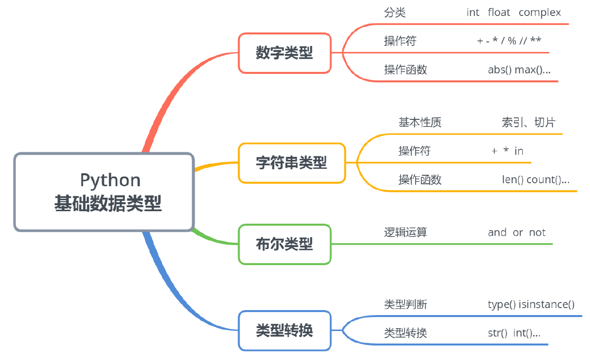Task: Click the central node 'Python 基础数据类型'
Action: coord(104,192)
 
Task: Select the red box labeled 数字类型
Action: coord(285,53)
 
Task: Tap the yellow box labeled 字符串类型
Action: coord(292,163)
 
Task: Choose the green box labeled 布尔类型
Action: coord(285,244)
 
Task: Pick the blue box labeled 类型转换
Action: coord(285,330)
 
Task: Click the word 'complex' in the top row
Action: coord(540,12)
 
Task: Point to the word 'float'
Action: coord(499,12)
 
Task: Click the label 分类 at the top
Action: coord(395,12)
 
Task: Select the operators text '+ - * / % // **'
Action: coord(509,41)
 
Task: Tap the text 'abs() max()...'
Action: coord(519,70)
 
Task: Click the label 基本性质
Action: coord(420,122)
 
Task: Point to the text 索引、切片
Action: coord(529,122)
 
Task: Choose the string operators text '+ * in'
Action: coord(507,151)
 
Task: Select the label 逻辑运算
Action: coord(405,232)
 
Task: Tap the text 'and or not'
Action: coord(517,232)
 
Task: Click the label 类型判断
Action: coord(405,304)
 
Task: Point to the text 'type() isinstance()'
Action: coord(531,304)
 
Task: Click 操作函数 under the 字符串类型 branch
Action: coord(420,180)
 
